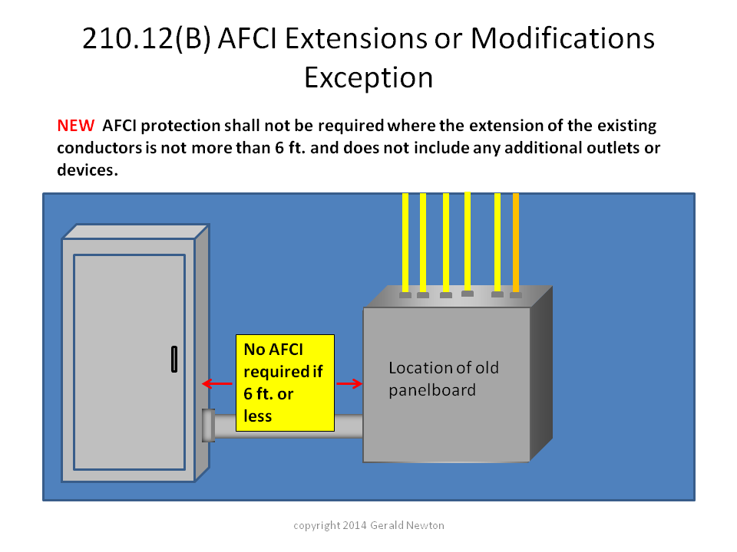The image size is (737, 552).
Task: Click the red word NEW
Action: [76, 125]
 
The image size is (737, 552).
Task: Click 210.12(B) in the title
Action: [146, 38]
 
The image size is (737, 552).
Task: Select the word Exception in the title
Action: [368, 77]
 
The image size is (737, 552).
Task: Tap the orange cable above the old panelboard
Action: [516, 242]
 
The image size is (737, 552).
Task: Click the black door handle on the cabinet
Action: [174, 359]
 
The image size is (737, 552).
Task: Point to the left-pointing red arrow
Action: [217, 383]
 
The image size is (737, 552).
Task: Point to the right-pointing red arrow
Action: [349, 383]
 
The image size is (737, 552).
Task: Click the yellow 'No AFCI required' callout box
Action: [285, 383]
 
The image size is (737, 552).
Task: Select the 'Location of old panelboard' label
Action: [443, 379]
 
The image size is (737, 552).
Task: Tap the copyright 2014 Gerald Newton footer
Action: [368, 525]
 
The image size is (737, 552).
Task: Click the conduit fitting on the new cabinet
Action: [209, 426]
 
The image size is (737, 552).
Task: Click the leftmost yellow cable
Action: [405, 242]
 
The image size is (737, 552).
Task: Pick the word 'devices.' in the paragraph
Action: [88, 170]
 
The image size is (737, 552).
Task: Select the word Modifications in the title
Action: [563, 38]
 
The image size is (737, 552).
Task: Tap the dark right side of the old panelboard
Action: [541, 373]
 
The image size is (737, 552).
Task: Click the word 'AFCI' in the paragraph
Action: [120, 125]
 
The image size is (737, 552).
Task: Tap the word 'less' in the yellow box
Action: [258, 416]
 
